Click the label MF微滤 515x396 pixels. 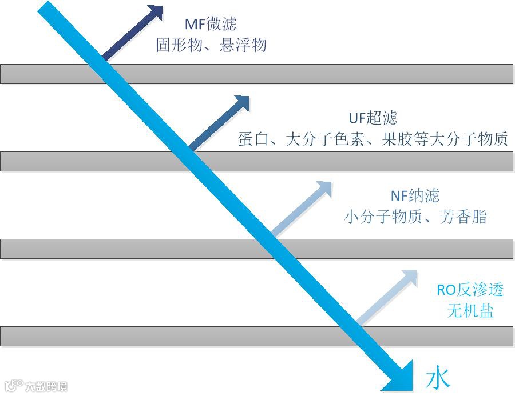(211, 24)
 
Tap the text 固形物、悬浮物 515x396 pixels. (211, 45)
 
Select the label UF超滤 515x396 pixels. (373, 118)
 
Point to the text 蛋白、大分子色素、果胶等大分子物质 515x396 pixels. (373, 139)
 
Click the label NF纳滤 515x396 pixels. (415, 196)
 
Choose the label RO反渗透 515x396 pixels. (470, 290)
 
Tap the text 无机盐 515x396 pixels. (470, 311)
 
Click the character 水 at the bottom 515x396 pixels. (438, 379)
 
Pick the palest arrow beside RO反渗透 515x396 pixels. (387, 298)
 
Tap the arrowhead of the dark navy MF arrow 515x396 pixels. (154, 13)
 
